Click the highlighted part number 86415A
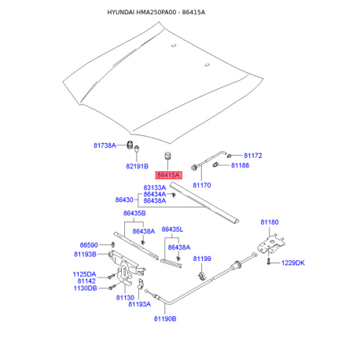[x=168, y=175]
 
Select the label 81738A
[x=105, y=145]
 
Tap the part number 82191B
[x=137, y=166]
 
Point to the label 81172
[x=253, y=156]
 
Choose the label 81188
[x=240, y=165]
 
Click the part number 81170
[x=202, y=186]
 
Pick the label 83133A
[x=155, y=188]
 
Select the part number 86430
[x=124, y=200]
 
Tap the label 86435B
[x=134, y=213]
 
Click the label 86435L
[x=172, y=230]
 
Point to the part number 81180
[x=270, y=222]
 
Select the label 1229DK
[x=293, y=263]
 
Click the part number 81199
[x=202, y=259]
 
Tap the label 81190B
[x=165, y=318]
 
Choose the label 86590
[x=89, y=245]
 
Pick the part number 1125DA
[x=84, y=274]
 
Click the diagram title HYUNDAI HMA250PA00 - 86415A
[x=156, y=13]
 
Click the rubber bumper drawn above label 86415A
[x=167, y=156]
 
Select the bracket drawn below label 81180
[x=271, y=244]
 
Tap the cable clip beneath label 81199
[x=202, y=276]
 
